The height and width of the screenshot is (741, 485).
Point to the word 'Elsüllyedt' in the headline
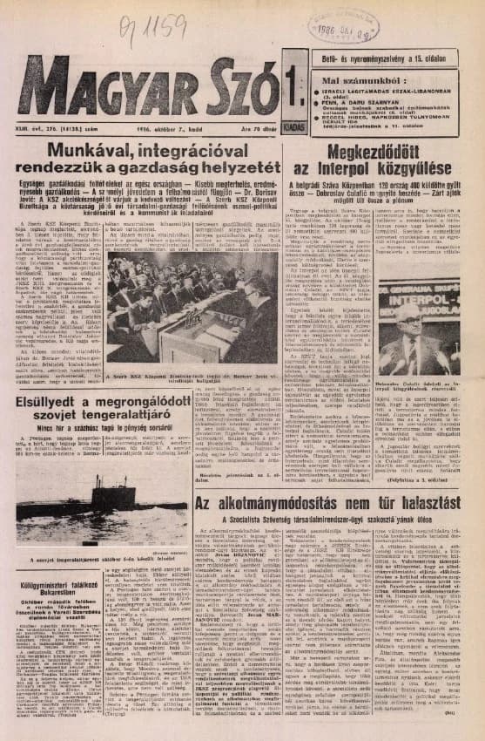[x=57, y=402]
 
